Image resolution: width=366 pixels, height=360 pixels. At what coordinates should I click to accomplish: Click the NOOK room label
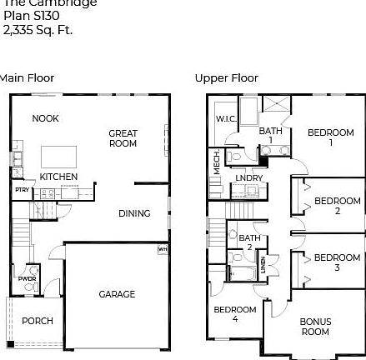[45, 118]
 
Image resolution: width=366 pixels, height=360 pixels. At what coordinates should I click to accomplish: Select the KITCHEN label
[58, 177]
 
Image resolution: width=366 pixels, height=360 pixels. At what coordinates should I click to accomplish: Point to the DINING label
[133, 213]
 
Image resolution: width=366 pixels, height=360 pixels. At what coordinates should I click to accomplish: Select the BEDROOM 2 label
[337, 206]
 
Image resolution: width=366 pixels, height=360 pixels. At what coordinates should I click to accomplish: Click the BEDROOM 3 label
[337, 262]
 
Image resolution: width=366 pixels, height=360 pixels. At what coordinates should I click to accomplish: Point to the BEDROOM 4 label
[234, 314]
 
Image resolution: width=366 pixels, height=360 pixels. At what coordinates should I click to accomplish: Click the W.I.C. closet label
[226, 119]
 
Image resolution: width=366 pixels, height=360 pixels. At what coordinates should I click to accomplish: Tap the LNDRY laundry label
[248, 177]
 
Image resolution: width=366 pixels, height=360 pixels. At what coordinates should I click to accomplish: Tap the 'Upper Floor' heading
[226, 77]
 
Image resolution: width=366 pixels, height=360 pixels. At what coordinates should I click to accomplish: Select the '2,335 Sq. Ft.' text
[38, 31]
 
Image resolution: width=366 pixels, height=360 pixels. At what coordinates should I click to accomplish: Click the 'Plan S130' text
[30, 17]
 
